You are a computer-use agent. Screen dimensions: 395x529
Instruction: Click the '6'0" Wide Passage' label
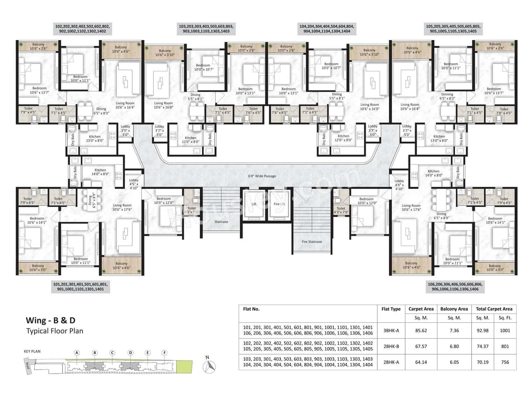[x=262, y=176]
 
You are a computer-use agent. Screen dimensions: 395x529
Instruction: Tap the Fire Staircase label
[x=312, y=242]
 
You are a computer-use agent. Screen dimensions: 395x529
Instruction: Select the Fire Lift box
[x=280, y=205]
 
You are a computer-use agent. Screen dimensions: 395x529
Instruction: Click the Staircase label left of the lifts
[x=221, y=222]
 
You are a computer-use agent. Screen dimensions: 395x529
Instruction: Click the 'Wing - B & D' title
[x=50, y=320]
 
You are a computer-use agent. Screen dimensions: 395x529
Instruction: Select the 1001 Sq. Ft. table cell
[x=505, y=331]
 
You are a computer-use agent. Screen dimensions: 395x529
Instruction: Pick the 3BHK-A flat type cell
[x=391, y=331]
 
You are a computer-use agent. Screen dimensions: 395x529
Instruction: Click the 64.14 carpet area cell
[x=421, y=362]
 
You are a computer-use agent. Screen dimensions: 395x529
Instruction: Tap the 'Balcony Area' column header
[x=454, y=309]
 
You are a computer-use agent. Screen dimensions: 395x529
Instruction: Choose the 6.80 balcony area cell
[x=454, y=346]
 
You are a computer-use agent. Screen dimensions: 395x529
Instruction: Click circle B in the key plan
[x=95, y=352]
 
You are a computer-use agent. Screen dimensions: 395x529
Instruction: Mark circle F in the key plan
[x=164, y=352]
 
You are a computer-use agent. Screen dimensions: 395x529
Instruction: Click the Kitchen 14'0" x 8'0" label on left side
[x=100, y=172]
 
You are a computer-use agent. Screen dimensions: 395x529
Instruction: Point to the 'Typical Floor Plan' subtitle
[x=55, y=331]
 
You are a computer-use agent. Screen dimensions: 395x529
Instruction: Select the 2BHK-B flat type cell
[x=391, y=346]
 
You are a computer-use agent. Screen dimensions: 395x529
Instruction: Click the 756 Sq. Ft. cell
[x=505, y=362]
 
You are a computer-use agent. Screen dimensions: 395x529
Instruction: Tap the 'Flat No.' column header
[x=251, y=309]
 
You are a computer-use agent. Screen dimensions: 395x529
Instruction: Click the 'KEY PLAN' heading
[x=32, y=352]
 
